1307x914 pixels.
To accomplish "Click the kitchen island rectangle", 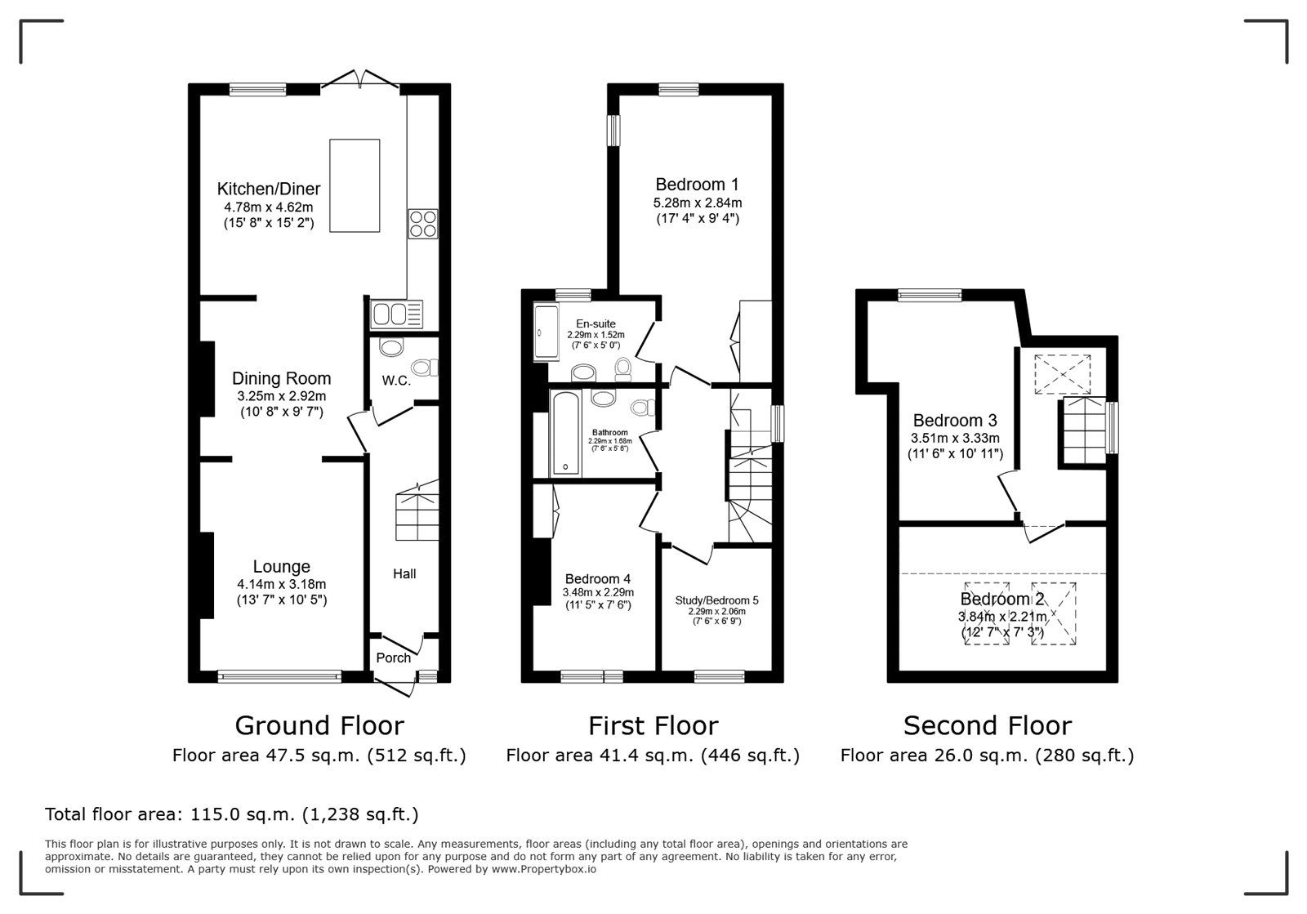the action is click(x=355, y=185).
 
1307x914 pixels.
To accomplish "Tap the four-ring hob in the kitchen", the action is click(x=423, y=224).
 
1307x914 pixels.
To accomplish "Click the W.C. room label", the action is click(x=396, y=381).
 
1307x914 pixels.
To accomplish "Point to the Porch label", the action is click(x=393, y=658).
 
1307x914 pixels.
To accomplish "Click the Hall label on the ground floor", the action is click(x=404, y=574).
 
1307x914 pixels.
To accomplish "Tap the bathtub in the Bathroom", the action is click(x=565, y=433).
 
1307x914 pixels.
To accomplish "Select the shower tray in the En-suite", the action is click(x=546, y=330).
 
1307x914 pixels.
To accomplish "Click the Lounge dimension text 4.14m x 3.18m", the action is click(x=281, y=584).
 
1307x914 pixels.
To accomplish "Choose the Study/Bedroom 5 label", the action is click(x=716, y=600).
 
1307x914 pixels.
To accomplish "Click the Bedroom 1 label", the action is click(x=698, y=185).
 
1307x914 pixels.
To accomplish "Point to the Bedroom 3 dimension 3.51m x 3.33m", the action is click(x=955, y=438).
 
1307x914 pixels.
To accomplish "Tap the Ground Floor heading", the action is click(x=319, y=725).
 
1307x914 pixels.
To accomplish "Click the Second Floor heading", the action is click(x=988, y=725).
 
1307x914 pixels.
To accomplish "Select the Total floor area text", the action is click(x=232, y=814).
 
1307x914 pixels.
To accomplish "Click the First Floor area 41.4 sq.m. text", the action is click(x=653, y=756).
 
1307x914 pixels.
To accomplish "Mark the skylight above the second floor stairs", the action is click(x=1063, y=374).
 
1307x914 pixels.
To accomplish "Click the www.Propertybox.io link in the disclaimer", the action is click(x=544, y=869).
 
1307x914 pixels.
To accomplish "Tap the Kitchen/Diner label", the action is click(x=269, y=189).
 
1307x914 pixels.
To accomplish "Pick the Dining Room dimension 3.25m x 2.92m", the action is click(x=281, y=396).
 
